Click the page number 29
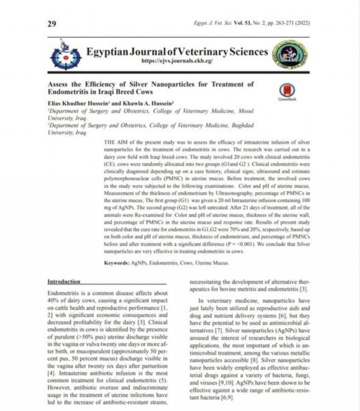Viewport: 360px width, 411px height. point(52,24)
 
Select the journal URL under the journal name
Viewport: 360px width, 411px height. point(177,61)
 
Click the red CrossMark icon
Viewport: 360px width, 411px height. point(286,92)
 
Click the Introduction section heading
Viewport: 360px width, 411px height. point(64,282)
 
